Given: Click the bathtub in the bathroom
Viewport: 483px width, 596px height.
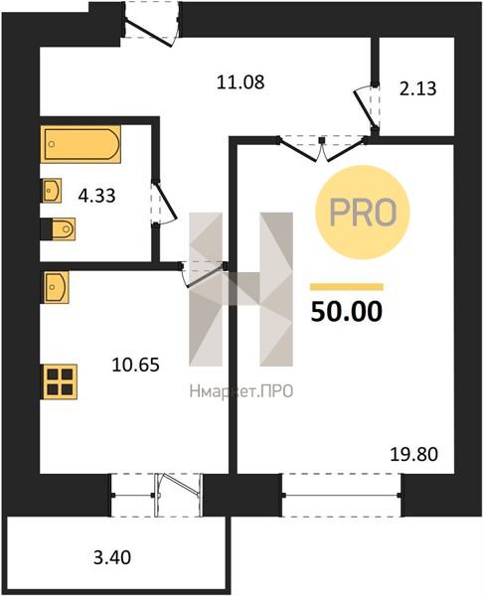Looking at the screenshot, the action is click(x=80, y=144).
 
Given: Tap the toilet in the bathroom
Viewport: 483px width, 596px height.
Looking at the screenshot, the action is click(x=59, y=229).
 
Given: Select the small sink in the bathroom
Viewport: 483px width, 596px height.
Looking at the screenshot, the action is click(x=51, y=191).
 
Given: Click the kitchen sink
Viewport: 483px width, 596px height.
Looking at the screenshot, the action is click(x=55, y=287).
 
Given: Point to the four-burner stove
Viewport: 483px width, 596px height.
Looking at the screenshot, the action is click(x=60, y=382).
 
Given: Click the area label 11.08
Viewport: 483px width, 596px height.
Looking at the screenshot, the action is click(x=241, y=82).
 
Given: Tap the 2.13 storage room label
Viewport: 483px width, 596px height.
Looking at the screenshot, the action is click(x=417, y=89).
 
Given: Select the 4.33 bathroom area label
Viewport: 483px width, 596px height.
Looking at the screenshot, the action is click(x=96, y=197).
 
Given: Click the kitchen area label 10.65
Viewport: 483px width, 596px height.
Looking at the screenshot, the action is click(x=136, y=366).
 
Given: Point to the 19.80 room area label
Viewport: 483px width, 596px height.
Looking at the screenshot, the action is click(x=414, y=454).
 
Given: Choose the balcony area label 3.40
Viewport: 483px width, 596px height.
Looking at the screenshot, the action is click(x=112, y=557).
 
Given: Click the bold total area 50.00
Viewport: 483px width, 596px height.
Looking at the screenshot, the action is click(x=347, y=311).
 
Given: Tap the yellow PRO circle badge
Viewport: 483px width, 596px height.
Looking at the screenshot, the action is click(x=363, y=213).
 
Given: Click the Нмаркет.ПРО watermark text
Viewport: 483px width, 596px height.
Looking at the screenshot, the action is click(x=241, y=391).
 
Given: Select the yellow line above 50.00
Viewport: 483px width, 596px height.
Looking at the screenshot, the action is click(x=347, y=287).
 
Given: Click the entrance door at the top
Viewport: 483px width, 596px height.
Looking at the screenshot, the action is click(x=152, y=26).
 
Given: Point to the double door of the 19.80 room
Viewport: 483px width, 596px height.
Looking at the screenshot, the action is click(x=323, y=148).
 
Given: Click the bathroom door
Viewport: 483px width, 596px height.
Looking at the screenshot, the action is click(x=164, y=204).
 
